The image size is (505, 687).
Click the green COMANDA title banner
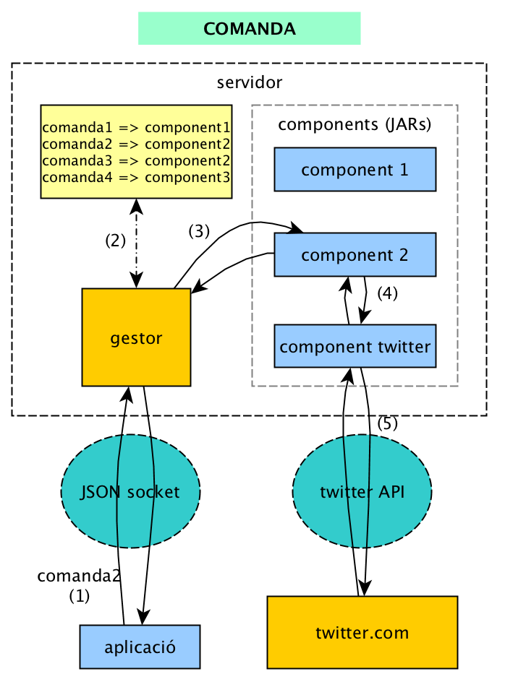249,28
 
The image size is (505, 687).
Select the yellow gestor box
136,337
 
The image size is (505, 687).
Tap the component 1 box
355,170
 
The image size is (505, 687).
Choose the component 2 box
355,254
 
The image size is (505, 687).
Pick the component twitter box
355,346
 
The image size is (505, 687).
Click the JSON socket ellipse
131,491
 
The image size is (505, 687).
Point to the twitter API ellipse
362,491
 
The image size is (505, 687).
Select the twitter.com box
362,633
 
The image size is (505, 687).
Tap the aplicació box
140,646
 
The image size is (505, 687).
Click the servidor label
249,82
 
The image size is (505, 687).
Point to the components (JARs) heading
355,124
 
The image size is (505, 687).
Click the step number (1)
80,597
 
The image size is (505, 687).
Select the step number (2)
116,241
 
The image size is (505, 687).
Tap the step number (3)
199,231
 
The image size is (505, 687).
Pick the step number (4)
388,294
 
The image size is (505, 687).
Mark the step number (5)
388,424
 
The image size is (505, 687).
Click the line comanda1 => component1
136,128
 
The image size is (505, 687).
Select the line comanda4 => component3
136,177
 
